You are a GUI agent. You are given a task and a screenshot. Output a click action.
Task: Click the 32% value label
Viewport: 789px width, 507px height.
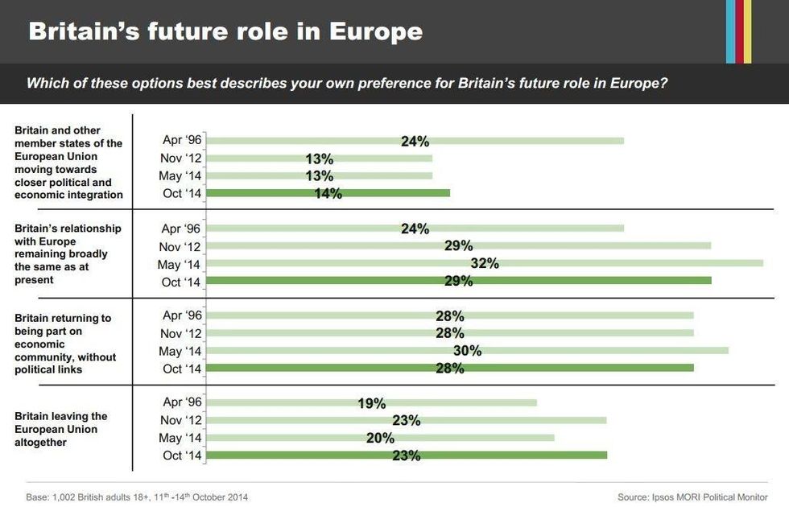(485, 263)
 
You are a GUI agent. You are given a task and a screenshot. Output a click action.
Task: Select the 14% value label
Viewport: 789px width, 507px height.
(328, 193)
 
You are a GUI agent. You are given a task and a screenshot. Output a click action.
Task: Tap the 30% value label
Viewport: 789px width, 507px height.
(467, 350)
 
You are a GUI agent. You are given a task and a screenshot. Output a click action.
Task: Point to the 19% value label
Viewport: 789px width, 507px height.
(371, 403)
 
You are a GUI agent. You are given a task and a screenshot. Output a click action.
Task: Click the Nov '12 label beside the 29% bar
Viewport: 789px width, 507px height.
(181, 246)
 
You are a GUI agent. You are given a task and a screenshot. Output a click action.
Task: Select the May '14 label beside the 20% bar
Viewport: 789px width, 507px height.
(181, 438)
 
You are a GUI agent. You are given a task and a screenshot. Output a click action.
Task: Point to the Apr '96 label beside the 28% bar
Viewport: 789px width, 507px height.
(182, 315)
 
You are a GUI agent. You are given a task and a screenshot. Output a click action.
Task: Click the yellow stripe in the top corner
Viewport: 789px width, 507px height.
(748, 31)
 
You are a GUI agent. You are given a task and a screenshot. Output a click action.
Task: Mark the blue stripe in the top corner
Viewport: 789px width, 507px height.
(730, 31)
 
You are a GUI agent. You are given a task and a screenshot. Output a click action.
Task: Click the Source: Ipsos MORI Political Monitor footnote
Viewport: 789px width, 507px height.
(692, 497)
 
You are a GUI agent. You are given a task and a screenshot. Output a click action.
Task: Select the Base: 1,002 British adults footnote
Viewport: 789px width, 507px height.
(137, 497)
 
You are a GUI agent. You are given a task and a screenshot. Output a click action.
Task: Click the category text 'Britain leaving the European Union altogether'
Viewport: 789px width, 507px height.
(60, 429)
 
